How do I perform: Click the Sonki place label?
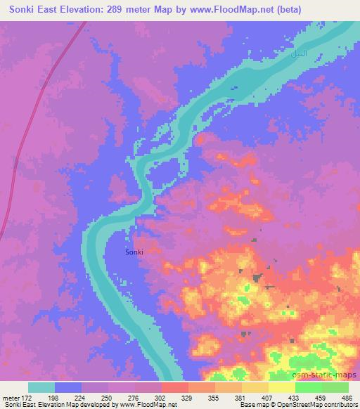134,252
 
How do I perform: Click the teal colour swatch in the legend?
41,387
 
